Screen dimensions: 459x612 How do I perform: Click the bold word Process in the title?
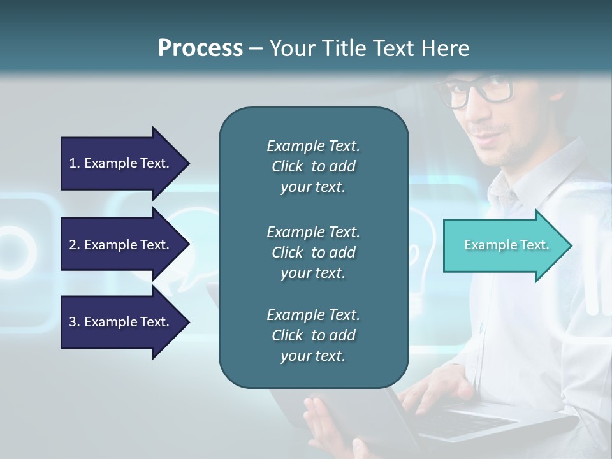200,48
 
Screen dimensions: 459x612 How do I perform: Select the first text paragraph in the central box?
313,166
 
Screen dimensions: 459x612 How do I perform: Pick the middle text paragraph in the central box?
313,252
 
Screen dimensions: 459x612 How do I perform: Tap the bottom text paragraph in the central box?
313,335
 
